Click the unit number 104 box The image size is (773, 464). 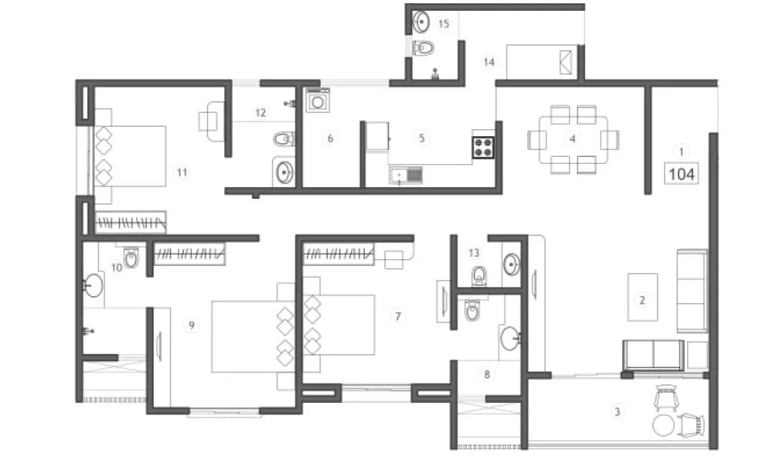pyautogui.click(x=681, y=174)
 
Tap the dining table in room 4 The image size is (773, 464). pyautogui.click(x=573, y=139)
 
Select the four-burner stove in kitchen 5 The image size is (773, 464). pyautogui.click(x=484, y=147)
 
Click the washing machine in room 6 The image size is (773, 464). pyautogui.click(x=318, y=101)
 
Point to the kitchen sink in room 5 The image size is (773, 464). pyautogui.click(x=407, y=176)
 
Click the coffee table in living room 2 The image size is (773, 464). pyautogui.click(x=642, y=297)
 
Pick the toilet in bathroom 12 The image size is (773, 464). pyautogui.click(x=284, y=139)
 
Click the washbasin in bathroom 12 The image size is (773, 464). pyautogui.click(x=284, y=172)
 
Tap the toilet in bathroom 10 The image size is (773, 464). pyautogui.click(x=131, y=257)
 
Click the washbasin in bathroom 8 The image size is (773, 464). pyautogui.click(x=510, y=338)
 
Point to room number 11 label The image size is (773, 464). pyautogui.click(x=182, y=172)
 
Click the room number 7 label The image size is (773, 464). pyautogui.click(x=397, y=316)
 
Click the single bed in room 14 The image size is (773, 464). pyautogui.click(x=542, y=61)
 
